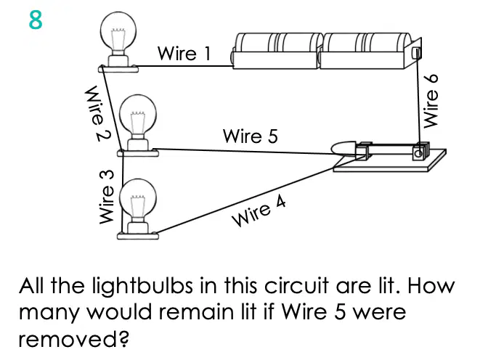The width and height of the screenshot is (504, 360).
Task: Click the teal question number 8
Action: coord(36,20)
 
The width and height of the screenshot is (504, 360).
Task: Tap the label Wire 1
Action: coord(184,53)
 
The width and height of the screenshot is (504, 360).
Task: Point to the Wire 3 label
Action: coord(107,197)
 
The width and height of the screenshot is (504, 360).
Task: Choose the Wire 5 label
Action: coord(250,136)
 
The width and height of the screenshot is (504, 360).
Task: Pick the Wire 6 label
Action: coord(431,101)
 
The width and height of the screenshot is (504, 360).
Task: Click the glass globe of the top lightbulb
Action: coord(118,32)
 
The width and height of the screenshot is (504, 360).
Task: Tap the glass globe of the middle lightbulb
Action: coord(138,115)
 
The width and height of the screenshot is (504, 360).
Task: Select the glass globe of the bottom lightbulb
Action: coord(138,199)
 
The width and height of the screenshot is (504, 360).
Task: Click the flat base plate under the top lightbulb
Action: coord(118,68)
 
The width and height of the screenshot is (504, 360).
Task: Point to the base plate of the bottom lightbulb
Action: coord(138,236)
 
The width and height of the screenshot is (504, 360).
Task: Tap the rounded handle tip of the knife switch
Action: coord(344,148)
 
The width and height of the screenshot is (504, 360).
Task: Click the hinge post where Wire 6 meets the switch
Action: coord(419,151)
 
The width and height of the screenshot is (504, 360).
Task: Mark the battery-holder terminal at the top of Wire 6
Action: coord(416,53)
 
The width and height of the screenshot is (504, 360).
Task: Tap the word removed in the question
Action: coord(73,339)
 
